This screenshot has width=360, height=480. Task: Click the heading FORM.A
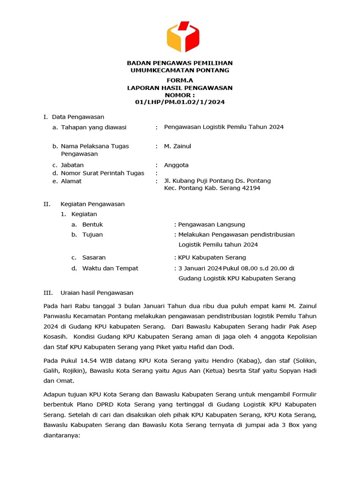180,81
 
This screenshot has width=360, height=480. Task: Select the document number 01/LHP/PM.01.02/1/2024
180,102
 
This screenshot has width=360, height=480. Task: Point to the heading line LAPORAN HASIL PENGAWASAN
180,88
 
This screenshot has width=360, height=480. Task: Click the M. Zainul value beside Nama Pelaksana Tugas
177,146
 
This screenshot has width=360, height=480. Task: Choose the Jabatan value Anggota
176,165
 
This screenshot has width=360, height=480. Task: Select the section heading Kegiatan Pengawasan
92,204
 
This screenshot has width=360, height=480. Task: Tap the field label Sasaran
94,257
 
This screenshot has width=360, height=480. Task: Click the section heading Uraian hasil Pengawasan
97,292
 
